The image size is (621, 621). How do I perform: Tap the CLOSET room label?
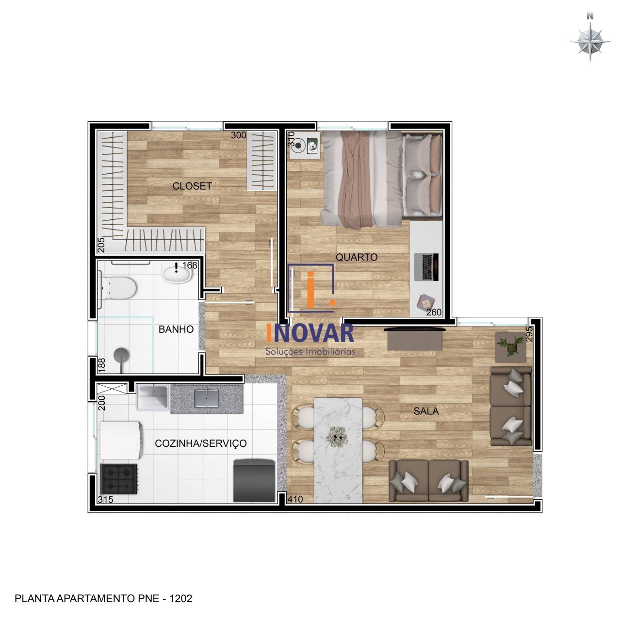tap(192, 186)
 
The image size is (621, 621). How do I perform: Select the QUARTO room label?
tap(357, 257)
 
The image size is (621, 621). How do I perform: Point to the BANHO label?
tap(176, 329)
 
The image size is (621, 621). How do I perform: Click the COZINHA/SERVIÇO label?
tap(200, 443)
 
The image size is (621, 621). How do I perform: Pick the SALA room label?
tap(426, 411)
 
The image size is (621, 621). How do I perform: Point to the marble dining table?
tap(338, 450)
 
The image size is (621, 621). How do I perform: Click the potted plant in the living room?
tap(510, 346)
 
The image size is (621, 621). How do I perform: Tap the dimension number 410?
tap(295, 499)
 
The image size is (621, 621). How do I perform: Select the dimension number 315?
tap(105, 499)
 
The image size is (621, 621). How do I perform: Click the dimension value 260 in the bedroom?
tap(434, 312)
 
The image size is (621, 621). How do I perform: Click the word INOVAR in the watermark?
tap(310, 333)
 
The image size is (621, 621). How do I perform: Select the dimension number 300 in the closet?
tap(238, 135)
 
